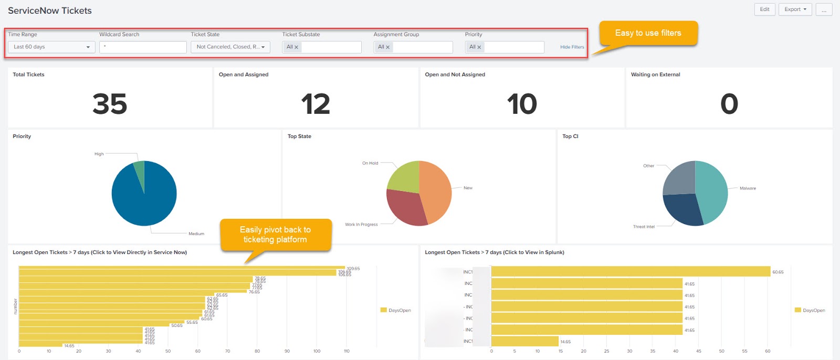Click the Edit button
point(764,9)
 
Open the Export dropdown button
point(795,9)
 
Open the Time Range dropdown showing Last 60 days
point(51,47)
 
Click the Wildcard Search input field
point(143,47)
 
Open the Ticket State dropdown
point(230,47)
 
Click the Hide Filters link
point(572,47)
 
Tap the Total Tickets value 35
point(110,104)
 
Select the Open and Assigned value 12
point(316,104)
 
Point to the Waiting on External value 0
point(729,104)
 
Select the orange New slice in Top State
point(436,192)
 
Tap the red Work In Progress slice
point(404,207)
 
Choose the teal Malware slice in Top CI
point(711,192)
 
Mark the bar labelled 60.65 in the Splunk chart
point(630,272)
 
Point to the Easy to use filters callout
point(648,33)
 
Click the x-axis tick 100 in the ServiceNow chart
point(317,351)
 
